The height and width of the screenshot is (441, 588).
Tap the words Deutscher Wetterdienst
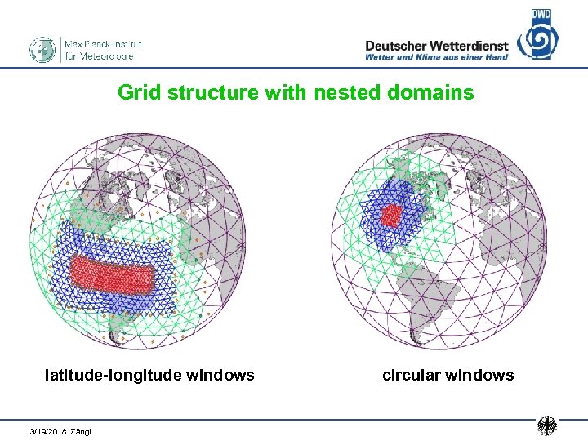[x=436, y=46]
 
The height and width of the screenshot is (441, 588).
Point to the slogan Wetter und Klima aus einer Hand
[x=436, y=57]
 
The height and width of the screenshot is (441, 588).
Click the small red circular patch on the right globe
[x=392, y=216]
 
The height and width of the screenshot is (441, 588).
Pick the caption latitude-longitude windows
[x=149, y=375]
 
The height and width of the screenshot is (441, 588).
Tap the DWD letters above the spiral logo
[x=541, y=14]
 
